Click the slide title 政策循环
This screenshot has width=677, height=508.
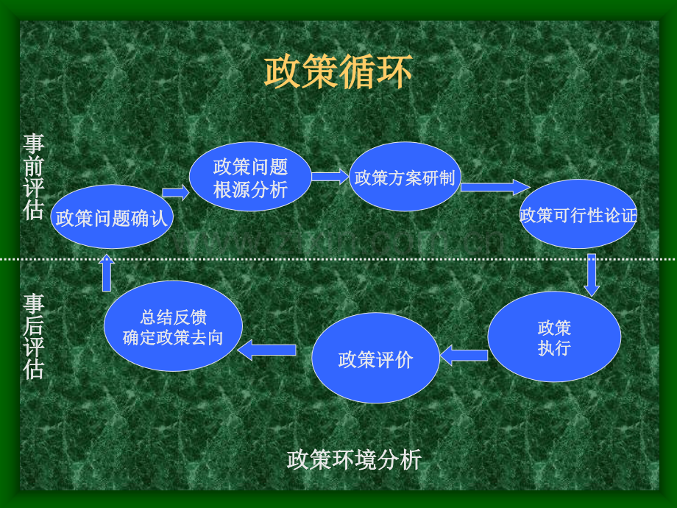pyautogui.click(x=338, y=73)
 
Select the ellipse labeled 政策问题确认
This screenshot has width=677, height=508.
pyautogui.click(x=112, y=217)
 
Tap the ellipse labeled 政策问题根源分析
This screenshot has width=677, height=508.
pyautogui.click(x=250, y=177)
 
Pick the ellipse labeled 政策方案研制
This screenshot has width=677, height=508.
pyautogui.click(x=405, y=177)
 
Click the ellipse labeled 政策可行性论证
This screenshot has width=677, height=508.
pyautogui.click(x=578, y=216)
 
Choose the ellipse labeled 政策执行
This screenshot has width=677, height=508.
pyautogui.click(x=554, y=336)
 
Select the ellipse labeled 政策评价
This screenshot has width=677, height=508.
pyautogui.click(x=375, y=359)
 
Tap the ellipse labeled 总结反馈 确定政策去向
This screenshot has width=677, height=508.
pyautogui.click(x=173, y=326)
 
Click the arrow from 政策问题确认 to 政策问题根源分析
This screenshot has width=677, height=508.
pyautogui.click(x=176, y=193)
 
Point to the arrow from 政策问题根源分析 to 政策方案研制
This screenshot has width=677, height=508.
pyautogui.click(x=329, y=177)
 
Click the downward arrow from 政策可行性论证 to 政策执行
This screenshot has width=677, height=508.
pyautogui.click(x=592, y=275)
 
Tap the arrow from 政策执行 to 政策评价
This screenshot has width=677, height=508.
pyautogui.click(x=464, y=356)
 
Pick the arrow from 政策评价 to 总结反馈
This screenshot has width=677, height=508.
pyautogui.click(x=267, y=350)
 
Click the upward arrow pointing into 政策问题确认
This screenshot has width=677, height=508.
pyautogui.click(x=107, y=272)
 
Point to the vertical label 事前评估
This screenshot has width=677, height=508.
pyautogui.click(x=33, y=177)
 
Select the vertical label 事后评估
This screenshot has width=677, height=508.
pyautogui.click(x=33, y=336)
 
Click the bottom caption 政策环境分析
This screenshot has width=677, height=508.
pyautogui.click(x=354, y=459)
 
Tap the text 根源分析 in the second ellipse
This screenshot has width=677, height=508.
pyautogui.click(x=250, y=189)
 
